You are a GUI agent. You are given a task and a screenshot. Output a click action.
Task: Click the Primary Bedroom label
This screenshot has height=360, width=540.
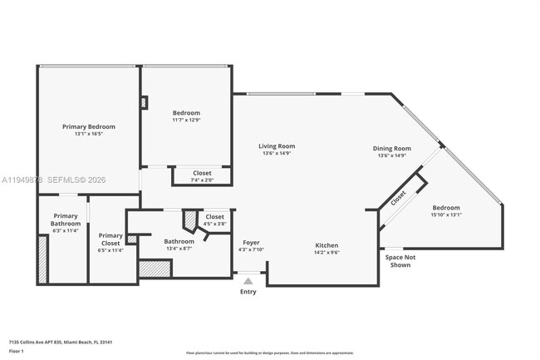pyautogui.click(x=89, y=126)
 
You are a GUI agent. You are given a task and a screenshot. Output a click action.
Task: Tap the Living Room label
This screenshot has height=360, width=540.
pyautogui.click(x=277, y=146)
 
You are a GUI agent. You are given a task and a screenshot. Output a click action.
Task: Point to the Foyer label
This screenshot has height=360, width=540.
pyautogui.click(x=251, y=243)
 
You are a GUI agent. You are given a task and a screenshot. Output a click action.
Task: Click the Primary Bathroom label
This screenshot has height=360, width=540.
pyautogui.click(x=65, y=219)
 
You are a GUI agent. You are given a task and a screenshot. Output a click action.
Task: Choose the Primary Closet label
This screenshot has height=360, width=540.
pyautogui.click(x=110, y=239)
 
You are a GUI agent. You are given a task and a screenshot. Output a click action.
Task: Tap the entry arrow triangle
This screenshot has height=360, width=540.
pyautogui.click(x=248, y=282)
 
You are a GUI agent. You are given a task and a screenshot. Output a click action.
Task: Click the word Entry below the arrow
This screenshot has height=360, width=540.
pyautogui.click(x=248, y=292)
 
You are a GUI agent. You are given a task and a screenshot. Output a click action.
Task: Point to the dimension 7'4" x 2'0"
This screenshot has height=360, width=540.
pyautogui.click(x=202, y=180)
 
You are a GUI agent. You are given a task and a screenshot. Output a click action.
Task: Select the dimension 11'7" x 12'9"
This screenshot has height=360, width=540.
pyautogui.click(x=186, y=120)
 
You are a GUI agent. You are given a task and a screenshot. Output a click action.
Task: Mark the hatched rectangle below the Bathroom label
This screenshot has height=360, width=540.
pyautogui.click(x=154, y=269)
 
